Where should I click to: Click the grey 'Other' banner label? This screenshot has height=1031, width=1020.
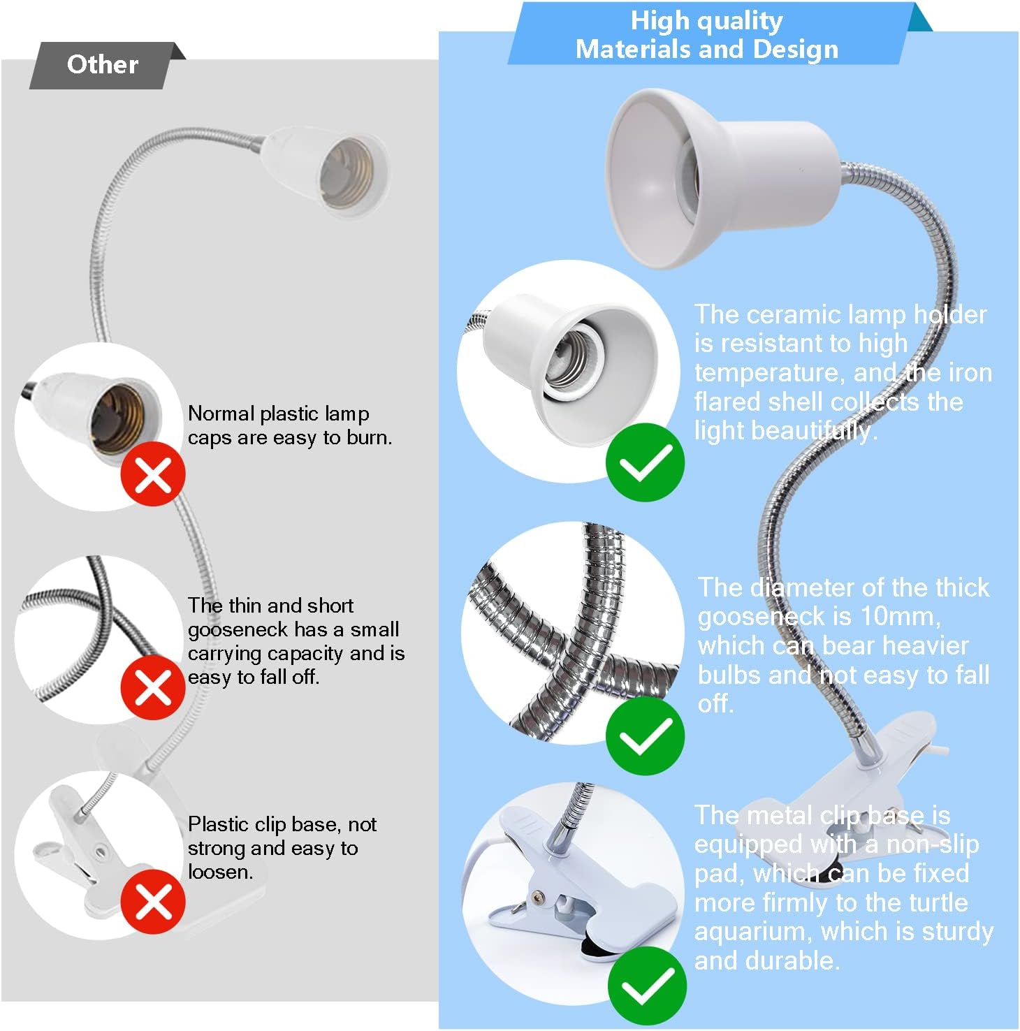tap(103, 65)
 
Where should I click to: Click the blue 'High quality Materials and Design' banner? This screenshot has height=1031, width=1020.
tap(707, 35)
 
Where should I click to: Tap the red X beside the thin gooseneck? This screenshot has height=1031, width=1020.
tap(153, 688)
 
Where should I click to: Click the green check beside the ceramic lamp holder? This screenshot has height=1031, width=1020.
tap(644, 462)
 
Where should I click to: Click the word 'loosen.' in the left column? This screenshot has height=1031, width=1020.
tap(220, 872)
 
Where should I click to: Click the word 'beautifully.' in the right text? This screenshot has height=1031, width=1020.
tap(814, 431)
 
